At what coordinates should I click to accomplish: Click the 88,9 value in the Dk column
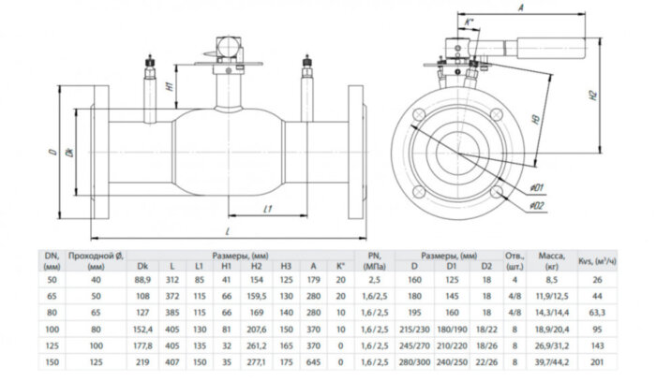point(143,278)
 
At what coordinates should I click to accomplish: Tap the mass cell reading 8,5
point(552,278)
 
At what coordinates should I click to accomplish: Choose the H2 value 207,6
point(258,329)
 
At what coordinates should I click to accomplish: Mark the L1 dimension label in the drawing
point(267,208)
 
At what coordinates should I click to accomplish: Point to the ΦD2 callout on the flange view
point(536,204)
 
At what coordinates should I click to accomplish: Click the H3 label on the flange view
point(531,121)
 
